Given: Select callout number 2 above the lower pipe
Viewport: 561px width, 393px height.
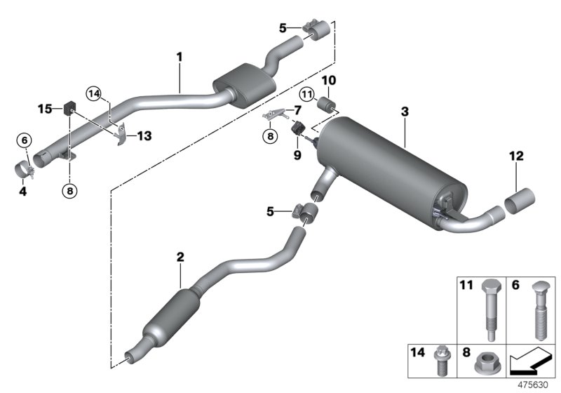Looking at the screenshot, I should (180, 258).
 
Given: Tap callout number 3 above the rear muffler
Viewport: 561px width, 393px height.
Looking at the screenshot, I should (405, 112).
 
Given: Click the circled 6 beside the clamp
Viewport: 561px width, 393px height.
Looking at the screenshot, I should (25, 141).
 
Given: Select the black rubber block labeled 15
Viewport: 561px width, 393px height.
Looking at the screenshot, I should (69, 109).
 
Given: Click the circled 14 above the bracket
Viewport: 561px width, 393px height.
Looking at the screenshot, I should (95, 92).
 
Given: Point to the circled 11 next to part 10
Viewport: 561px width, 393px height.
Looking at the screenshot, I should (307, 94).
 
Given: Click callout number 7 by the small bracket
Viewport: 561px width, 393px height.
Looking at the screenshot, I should (297, 110).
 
